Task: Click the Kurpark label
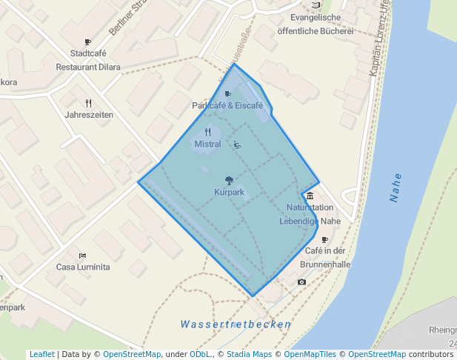point(229,193)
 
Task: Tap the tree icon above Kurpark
point(229,180)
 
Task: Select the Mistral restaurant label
point(207,144)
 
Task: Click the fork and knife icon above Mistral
point(207,132)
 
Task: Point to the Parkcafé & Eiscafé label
point(227,106)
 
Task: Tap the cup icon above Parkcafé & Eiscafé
point(227,94)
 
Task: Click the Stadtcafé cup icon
point(88,42)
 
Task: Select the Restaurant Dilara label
point(88,67)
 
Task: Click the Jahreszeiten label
point(89,115)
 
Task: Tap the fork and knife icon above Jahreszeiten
point(89,103)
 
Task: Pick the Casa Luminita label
point(83,267)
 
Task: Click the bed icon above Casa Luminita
point(82,255)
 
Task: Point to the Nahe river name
point(396,187)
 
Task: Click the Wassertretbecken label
point(236,324)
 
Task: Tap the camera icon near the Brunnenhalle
point(301,282)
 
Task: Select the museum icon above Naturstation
point(310,196)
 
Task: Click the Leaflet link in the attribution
point(41,354)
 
